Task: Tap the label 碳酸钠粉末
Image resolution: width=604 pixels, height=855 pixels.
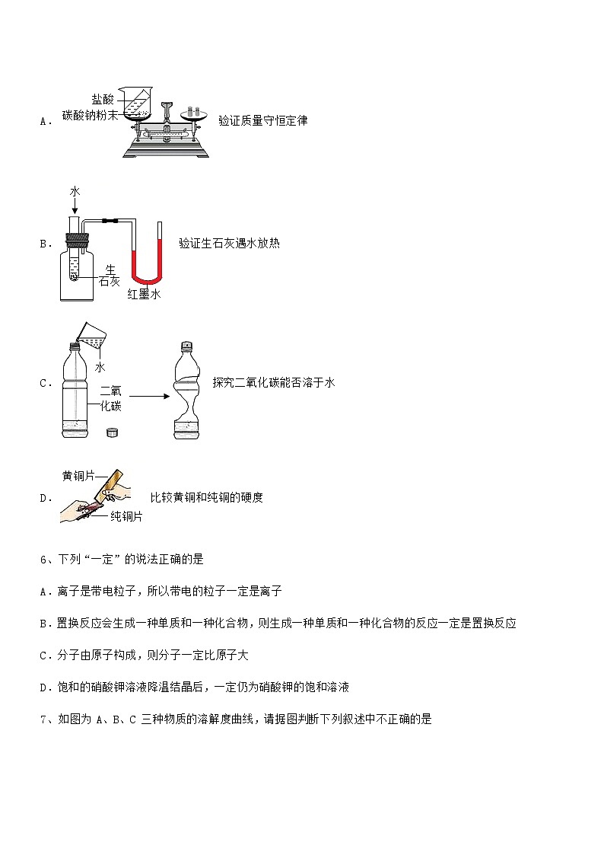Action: point(91,116)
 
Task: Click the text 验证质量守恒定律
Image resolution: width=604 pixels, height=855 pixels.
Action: point(262,120)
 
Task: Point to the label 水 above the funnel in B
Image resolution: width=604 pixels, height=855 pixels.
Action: point(75,192)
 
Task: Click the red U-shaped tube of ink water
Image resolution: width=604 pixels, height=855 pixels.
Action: point(145,270)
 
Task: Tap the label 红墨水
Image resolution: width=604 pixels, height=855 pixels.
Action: point(144,295)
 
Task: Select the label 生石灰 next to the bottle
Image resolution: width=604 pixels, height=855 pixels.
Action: point(110,276)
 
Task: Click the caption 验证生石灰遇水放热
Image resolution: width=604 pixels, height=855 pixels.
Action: point(229,244)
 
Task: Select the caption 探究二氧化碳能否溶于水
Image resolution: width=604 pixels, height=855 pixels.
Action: point(274,383)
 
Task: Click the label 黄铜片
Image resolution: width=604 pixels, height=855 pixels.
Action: point(78,476)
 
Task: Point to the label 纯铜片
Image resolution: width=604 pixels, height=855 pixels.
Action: point(126,516)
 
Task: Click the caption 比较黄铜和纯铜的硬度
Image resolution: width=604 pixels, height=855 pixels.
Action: point(207,498)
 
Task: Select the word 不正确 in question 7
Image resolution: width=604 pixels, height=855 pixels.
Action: point(380,719)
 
